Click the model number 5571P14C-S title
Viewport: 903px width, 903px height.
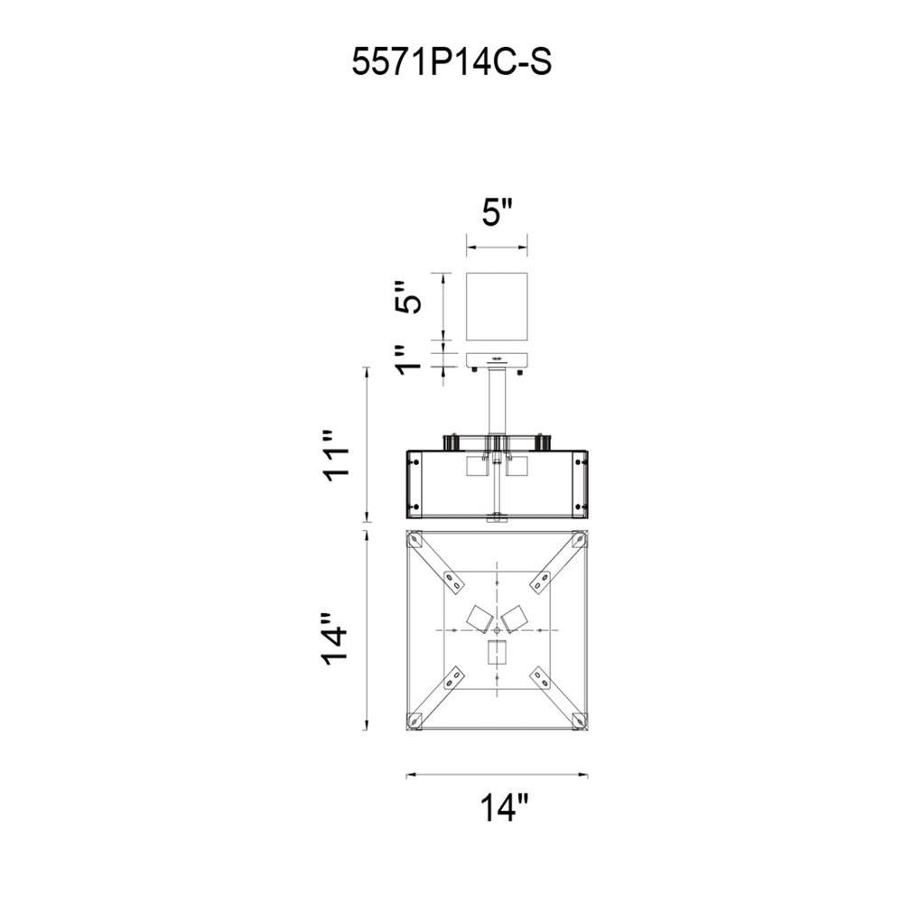[451, 61]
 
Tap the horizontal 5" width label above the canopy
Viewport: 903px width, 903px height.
[497, 213]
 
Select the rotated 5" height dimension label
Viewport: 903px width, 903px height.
[408, 297]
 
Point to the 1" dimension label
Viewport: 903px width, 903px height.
[408, 359]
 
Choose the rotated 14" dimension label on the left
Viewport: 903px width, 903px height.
[334, 638]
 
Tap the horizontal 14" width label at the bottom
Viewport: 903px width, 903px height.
[503, 807]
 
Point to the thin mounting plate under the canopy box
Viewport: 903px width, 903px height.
[497, 359]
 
